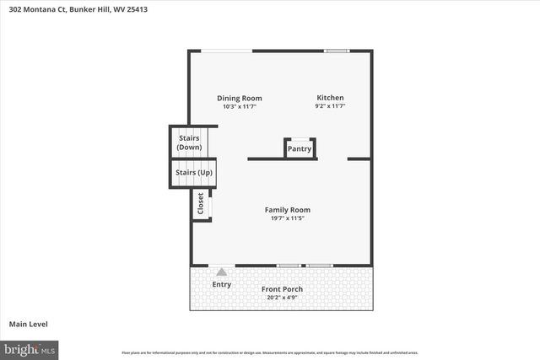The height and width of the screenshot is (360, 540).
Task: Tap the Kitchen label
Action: coord(330,98)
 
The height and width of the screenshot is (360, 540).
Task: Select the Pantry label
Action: coord(300,149)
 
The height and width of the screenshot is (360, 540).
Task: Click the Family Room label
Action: coord(287,210)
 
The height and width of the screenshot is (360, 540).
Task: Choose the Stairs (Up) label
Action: coord(194,173)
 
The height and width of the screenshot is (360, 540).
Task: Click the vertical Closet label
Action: coord(200,204)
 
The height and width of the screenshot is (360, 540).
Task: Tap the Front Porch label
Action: coord(282,289)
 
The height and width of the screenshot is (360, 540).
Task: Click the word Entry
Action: coord(221,284)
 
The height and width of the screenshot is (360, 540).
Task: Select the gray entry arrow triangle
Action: coord(222,271)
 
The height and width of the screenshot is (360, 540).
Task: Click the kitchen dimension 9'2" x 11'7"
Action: coord(330,107)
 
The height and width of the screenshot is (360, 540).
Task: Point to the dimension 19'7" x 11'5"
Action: coord(287,219)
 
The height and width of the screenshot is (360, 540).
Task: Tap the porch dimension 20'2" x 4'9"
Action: coord(283,298)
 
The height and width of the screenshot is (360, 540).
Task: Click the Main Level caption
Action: coord(28,324)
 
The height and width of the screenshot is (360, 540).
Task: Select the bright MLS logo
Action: coord(30,348)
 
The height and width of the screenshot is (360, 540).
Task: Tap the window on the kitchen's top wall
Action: coord(337,51)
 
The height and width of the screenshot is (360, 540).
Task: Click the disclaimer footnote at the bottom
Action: coord(269,352)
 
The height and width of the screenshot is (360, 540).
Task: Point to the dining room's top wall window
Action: coord(226,51)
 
